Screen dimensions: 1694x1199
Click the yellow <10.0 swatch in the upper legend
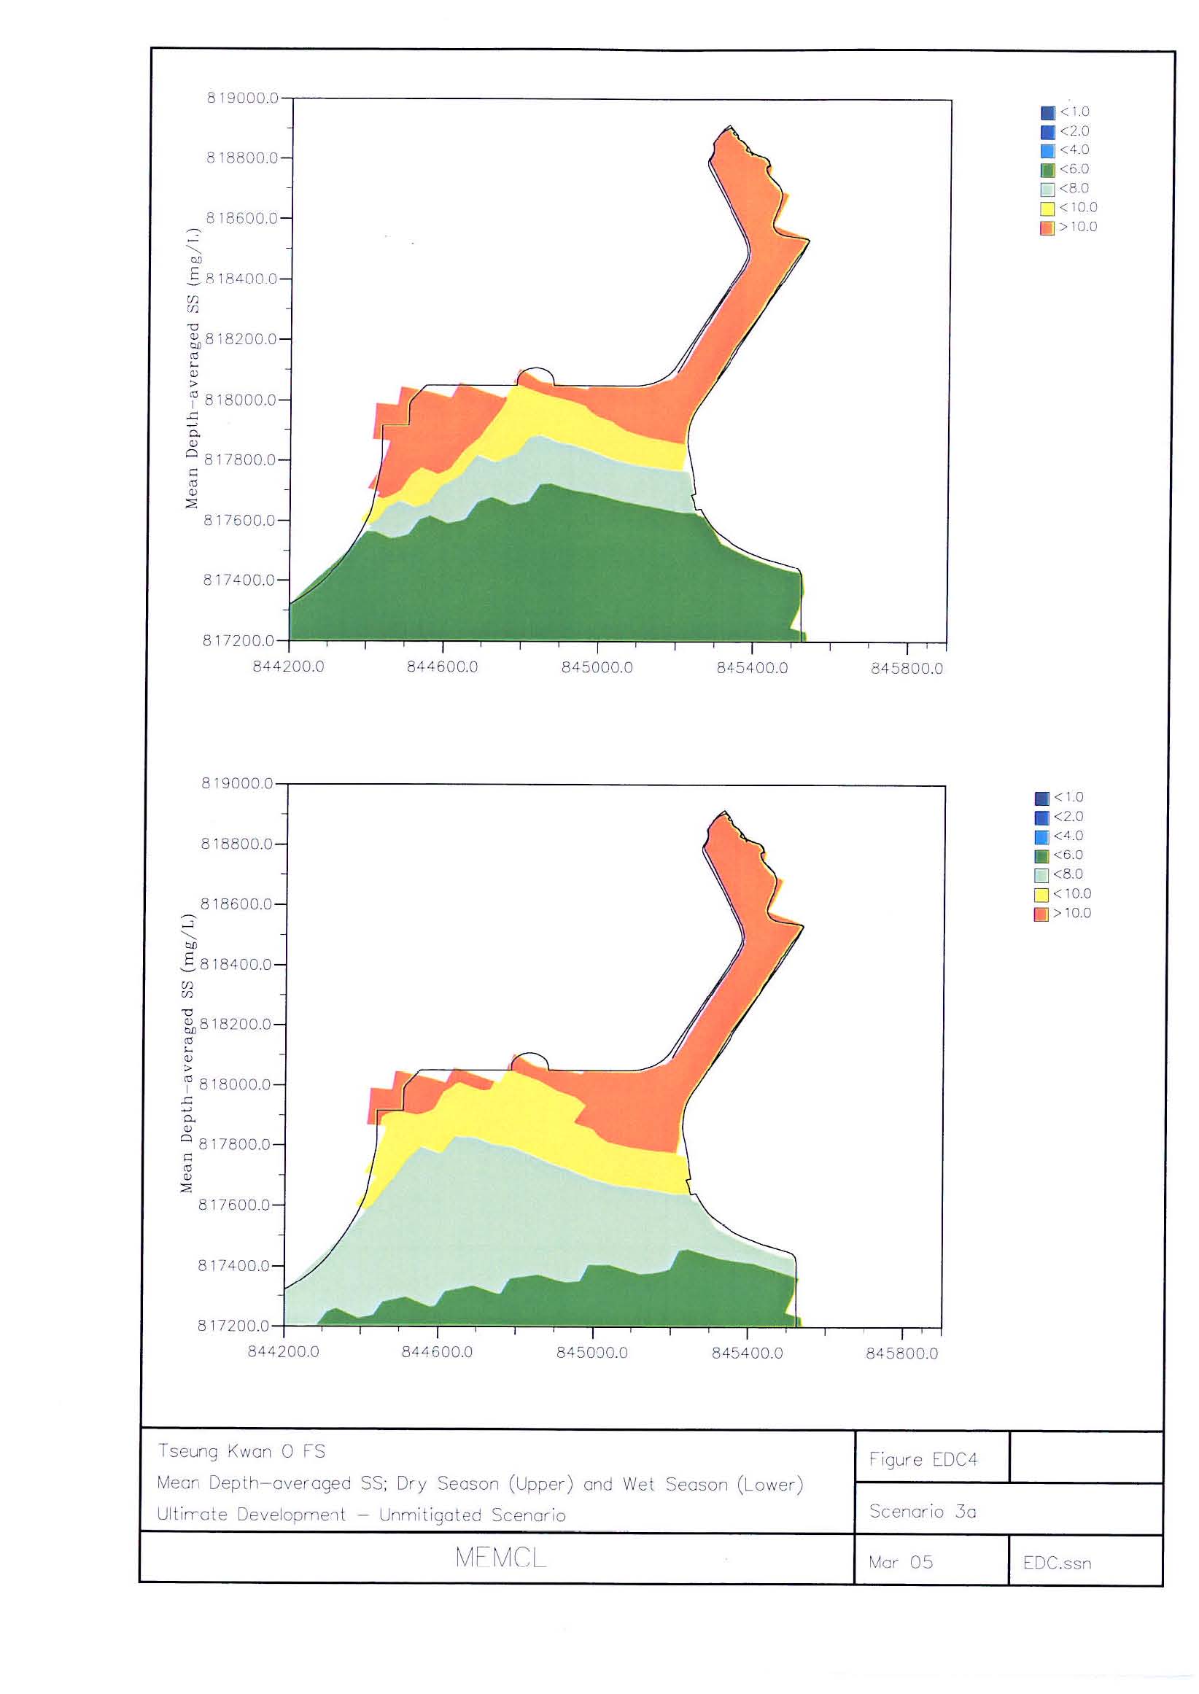coord(1047,208)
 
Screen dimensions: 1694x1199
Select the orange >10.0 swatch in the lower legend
coord(1041,914)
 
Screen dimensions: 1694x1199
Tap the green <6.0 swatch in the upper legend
coord(1047,170)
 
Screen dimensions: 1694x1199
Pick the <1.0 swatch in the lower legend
coord(1041,799)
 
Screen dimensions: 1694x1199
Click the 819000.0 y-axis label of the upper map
coord(242,98)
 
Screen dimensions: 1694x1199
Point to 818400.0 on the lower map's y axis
coord(236,964)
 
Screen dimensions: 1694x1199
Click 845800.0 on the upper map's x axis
coord(907,669)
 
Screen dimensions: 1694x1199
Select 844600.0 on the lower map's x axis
coord(437,1353)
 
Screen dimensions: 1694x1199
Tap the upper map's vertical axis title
coord(193,369)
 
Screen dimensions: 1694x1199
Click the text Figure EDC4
coord(923,1459)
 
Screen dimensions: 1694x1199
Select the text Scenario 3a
coord(923,1511)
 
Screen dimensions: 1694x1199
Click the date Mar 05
coord(901,1562)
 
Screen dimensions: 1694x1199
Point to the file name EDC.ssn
coord(1057,1563)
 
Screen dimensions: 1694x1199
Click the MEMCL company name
coord(500,1558)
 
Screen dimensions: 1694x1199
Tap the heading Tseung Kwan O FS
coord(241,1451)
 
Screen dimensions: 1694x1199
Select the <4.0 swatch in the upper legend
coord(1047,150)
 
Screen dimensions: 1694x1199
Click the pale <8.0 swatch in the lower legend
coord(1041,875)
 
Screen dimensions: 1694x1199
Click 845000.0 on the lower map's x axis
coord(592,1353)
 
